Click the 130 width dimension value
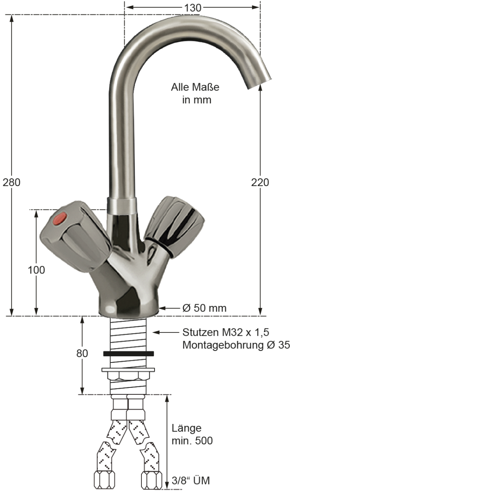192,8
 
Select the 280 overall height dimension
11,182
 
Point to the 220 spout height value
260,182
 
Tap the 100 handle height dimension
36,270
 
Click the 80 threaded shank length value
82,353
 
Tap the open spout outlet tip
260,82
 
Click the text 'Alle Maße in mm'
195,93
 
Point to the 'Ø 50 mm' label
204,308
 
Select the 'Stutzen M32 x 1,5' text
225,332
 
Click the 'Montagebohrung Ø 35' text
236,345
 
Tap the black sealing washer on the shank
128,353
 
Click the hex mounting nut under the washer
128,376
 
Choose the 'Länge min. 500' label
192,434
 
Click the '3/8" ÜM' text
191,481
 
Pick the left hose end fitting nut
105,479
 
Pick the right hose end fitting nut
152,479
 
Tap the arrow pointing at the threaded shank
164,333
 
